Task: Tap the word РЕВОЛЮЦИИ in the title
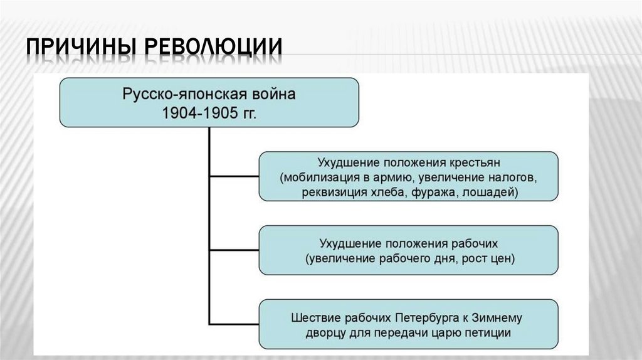[x=211, y=50]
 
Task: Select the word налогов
[x=512, y=177]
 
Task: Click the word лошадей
[x=492, y=193]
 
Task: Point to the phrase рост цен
[x=491, y=258]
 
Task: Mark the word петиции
[x=488, y=333]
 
